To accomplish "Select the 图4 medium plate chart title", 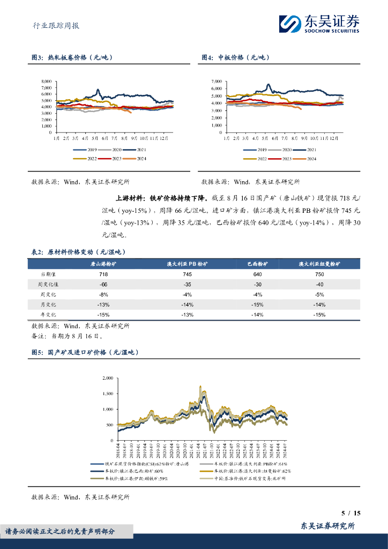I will (235, 57).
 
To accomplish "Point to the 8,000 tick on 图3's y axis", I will (47, 81).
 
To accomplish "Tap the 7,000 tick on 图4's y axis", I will (217, 81).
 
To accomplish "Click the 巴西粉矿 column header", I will (258, 264).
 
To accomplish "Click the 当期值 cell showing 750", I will (319, 274).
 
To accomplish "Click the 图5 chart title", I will (85, 352).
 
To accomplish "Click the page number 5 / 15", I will (351, 513).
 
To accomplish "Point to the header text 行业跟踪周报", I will (53, 25).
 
